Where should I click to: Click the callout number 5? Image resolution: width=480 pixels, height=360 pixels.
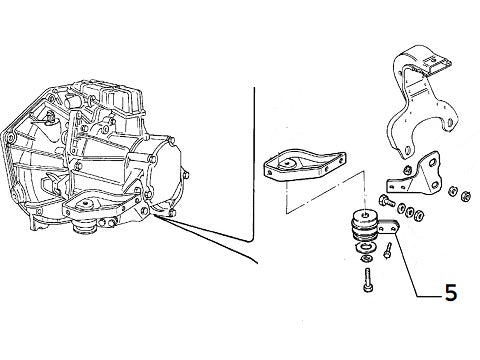(450, 293)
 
